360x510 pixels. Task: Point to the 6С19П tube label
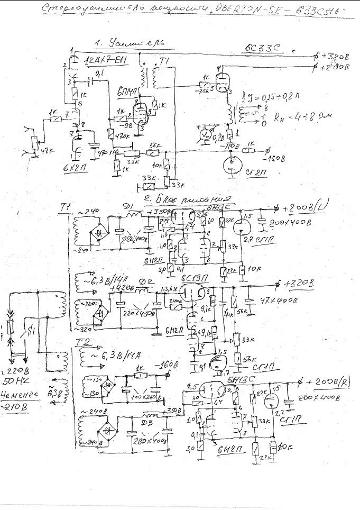tap(195, 279)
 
